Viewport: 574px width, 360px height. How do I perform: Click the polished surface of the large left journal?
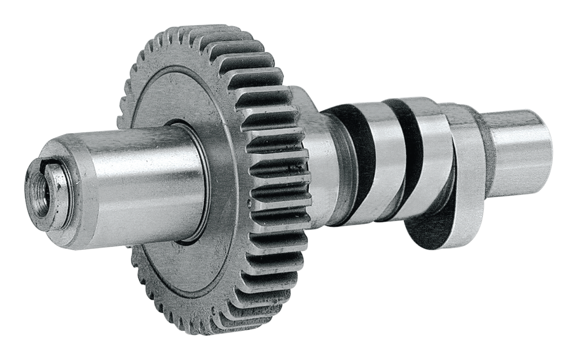(x=143, y=179)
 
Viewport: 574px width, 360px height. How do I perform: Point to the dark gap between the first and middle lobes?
(x=406, y=148)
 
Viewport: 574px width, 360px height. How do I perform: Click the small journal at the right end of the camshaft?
(x=522, y=148)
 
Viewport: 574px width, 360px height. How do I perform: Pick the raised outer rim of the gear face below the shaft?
(x=179, y=287)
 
